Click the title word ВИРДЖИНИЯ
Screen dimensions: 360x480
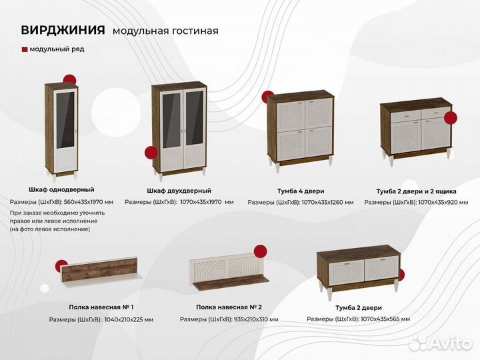63,30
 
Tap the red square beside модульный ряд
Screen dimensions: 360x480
25,49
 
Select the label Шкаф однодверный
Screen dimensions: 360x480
61,190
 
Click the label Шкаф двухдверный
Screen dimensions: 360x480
179,191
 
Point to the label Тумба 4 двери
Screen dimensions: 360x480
301,191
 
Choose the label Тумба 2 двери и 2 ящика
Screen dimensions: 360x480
415,191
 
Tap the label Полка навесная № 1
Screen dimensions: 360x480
101,307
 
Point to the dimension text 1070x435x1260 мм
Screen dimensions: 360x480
327,202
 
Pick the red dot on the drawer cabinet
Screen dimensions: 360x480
451,119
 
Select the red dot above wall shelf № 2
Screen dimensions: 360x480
261,251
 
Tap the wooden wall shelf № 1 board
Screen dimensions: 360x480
100,273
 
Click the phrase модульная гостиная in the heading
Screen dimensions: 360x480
165,31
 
